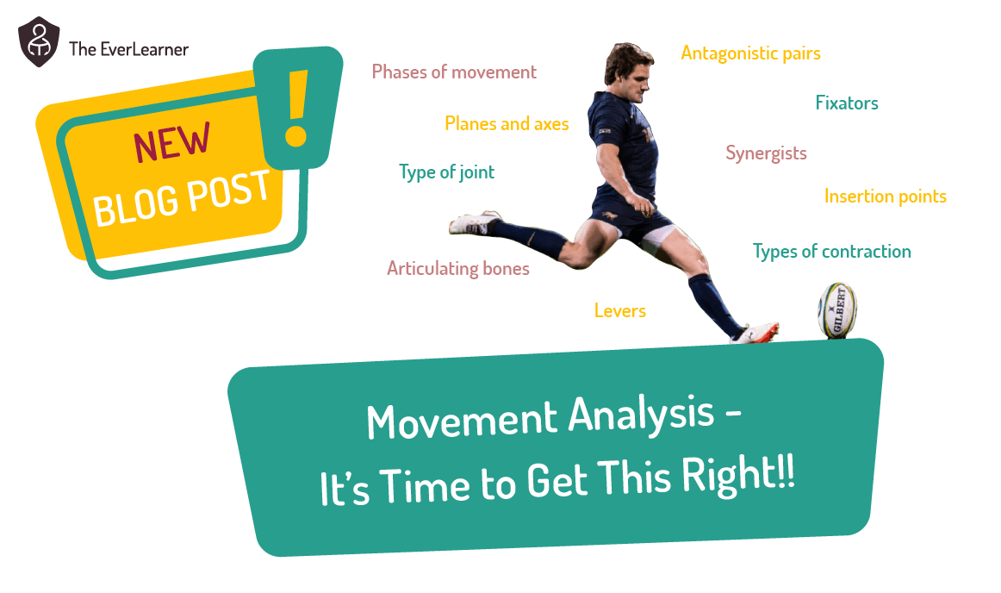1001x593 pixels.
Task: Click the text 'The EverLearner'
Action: click(128, 49)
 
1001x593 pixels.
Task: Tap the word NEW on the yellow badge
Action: click(171, 144)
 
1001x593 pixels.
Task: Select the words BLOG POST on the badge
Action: click(181, 197)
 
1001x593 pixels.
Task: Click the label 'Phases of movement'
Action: click(454, 72)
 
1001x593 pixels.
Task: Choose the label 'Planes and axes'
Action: click(507, 124)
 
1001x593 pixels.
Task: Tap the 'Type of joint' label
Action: click(446, 172)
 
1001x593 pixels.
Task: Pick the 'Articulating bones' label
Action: click(457, 269)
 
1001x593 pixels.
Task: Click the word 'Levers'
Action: click(619, 310)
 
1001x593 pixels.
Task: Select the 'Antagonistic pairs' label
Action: click(750, 53)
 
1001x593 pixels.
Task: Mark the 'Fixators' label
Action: click(847, 103)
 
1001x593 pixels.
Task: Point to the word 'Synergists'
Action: click(766, 153)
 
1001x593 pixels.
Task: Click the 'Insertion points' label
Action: click(885, 197)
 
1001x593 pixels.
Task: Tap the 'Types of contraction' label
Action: click(831, 252)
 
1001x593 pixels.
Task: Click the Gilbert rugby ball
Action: click(836, 310)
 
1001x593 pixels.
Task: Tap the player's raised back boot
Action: click(473, 223)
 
